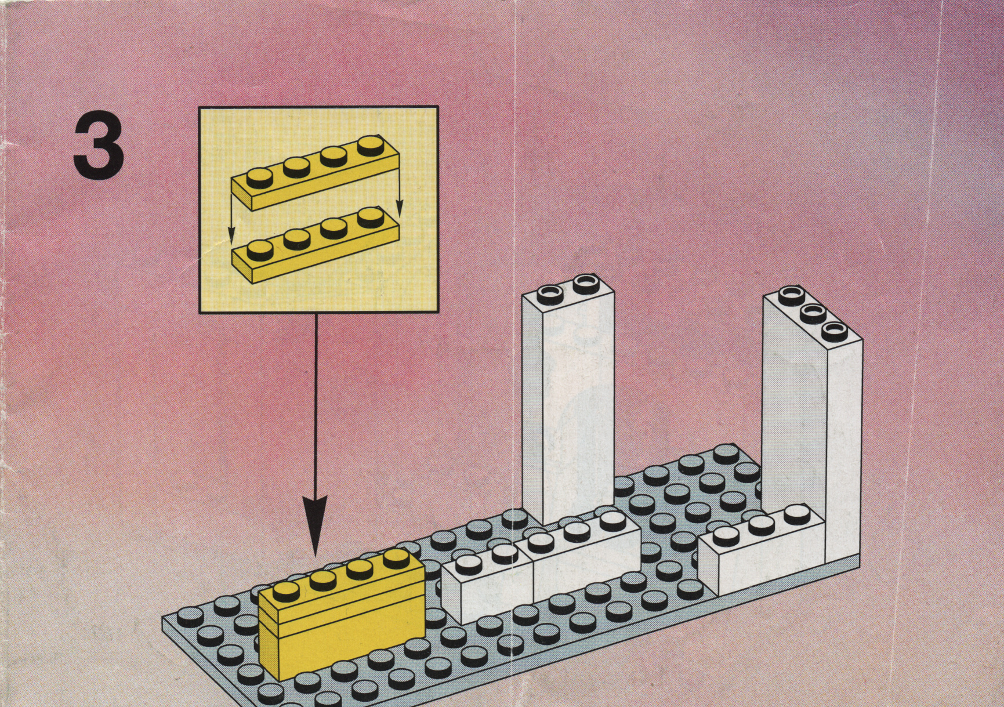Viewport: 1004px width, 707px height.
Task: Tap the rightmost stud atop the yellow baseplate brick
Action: [x=396, y=557]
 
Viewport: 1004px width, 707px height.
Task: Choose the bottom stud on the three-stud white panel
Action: [x=834, y=331]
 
